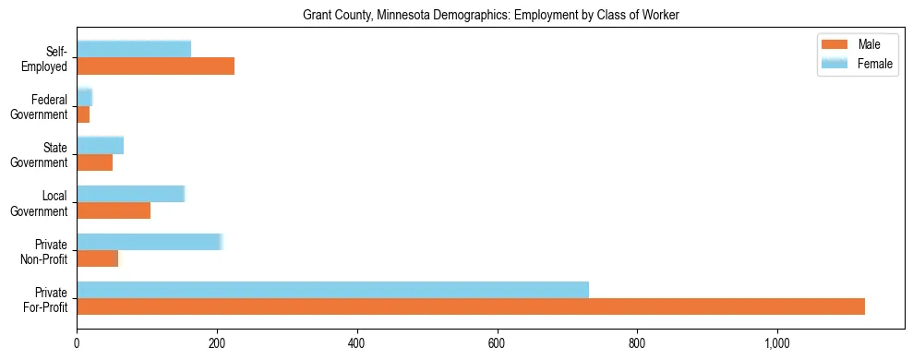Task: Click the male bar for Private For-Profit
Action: pyautogui.click(x=471, y=306)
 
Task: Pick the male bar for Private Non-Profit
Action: pyautogui.click(x=97, y=258)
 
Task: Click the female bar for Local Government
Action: pyautogui.click(x=130, y=194)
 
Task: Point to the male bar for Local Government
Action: pyautogui.click(x=114, y=210)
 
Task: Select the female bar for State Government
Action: pyautogui.click(x=100, y=146)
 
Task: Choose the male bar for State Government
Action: pyautogui.click(x=94, y=162)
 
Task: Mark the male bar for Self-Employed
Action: pyautogui.click(x=155, y=66)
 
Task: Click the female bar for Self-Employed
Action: pyautogui.click(x=134, y=49)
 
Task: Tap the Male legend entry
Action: pyautogui.click(x=854, y=44)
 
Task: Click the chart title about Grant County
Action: pyautogui.click(x=490, y=15)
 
